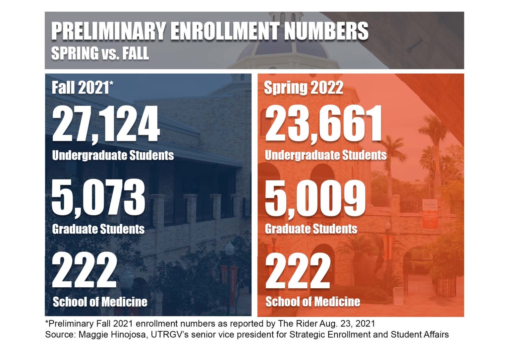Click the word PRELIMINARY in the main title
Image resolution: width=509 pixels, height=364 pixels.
click(108, 32)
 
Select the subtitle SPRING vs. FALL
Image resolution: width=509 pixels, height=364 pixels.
click(100, 53)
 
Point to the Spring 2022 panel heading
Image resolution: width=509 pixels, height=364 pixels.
click(303, 88)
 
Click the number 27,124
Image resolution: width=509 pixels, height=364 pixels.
click(106, 124)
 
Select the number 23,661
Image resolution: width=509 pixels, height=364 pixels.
click(323, 124)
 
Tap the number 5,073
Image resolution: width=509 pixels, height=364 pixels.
click(98, 198)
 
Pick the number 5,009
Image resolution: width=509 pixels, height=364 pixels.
click(315, 198)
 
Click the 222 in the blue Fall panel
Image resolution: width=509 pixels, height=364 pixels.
click(84, 270)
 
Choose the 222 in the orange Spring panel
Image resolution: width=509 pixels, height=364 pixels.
click(298, 270)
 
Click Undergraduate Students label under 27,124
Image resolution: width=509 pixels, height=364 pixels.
click(113, 155)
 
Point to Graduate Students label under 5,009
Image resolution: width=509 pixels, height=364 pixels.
click(311, 229)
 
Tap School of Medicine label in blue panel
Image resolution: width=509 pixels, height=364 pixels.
click(100, 302)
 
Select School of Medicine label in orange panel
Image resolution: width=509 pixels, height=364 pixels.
click(313, 302)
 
